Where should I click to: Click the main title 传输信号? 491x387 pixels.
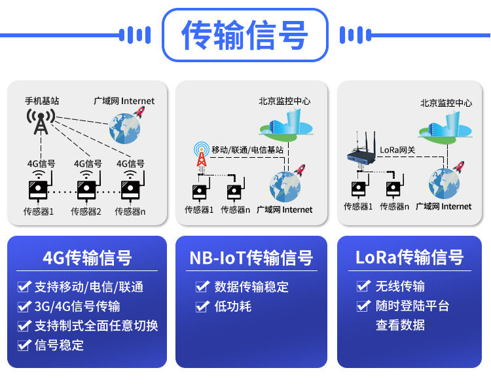tap(245, 35)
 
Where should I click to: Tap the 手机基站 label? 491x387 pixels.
tap(42, 101)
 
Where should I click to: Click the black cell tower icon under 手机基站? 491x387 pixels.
tap(41, 122)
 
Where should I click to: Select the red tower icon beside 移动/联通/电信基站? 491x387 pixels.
tap(202, 154)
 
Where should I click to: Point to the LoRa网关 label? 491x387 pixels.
tap(397, 150)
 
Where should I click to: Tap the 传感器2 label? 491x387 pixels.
tap(86, 212)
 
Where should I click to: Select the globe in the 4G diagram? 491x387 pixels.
tap(124, 128)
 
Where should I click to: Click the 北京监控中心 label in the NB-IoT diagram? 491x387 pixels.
tap(284, 101)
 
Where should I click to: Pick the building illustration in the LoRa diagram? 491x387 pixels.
tap(445, 127)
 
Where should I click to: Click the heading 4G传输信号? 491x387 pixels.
tap(87, 258)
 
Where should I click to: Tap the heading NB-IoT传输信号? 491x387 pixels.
tap(251, 258)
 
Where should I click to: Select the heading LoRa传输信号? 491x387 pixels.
tap(410, 257)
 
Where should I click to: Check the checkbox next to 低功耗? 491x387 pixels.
tap(202, 306)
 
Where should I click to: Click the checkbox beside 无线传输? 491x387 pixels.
tap(363, 286)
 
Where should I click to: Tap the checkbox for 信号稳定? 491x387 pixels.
tap(24, 345)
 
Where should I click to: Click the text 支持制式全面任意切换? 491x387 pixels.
tap(96, 325)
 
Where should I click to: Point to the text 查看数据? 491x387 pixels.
tap(400, 325)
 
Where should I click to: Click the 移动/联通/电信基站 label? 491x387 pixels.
tap(247, 150)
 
